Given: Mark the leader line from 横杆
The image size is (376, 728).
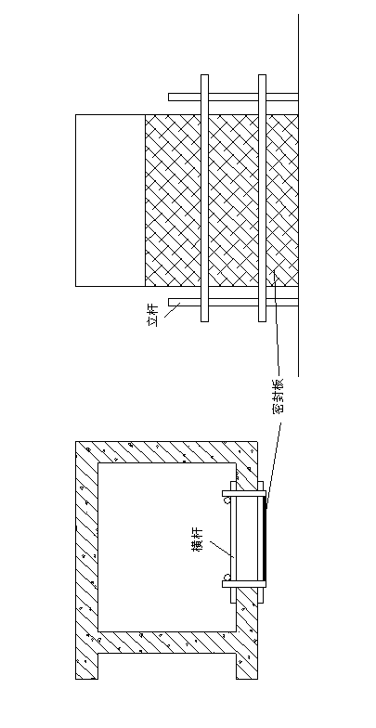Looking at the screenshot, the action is tap(221, 549).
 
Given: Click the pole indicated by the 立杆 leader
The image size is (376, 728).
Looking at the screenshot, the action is tap(233, 303).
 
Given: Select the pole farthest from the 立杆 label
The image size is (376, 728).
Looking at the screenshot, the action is tap(233, 97).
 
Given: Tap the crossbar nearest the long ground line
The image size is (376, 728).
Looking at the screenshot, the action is tap(262, 198).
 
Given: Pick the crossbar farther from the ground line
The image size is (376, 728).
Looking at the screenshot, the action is tap(204, 198).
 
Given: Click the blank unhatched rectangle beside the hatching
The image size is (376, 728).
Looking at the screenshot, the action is tap(110, 201).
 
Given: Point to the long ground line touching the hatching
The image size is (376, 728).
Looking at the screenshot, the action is tap(298, 195).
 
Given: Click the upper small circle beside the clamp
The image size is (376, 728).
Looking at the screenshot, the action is tap(227, 500).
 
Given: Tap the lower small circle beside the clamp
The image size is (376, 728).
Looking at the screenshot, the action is tap(227, 578).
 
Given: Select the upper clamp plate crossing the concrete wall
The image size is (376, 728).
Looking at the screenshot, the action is tap(244, 494).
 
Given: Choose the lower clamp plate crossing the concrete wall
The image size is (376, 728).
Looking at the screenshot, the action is tap(244, 584).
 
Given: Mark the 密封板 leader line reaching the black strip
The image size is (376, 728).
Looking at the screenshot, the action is tap(274, 460).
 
